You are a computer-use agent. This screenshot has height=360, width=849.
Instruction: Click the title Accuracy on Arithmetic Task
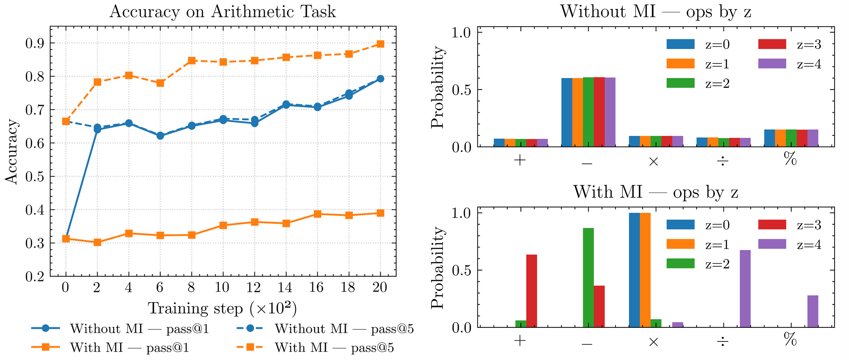tap(223, 12)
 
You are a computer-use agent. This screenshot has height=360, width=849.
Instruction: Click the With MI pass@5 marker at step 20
tap(380, 44)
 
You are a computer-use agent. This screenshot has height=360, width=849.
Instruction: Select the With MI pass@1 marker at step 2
tap(97, 242)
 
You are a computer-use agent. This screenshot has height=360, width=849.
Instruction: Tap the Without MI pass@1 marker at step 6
tap(160, 136)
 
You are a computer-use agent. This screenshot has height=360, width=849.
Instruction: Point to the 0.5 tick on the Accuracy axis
tap(35, 177)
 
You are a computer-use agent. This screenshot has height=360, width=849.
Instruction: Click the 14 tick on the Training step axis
tap(285, 288)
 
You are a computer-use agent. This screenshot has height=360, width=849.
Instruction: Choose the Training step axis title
tap(222, 309)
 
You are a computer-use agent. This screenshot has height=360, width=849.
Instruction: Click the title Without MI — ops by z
tap(655, 12)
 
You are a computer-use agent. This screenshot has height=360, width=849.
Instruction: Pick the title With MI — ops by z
tap(655, 192)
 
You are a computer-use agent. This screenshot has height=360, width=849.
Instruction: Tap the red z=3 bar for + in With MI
tap(531, 291)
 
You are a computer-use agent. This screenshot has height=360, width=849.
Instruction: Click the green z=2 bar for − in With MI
tap(588, 278)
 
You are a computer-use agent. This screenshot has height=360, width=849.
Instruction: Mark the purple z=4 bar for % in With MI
tap(813, 311)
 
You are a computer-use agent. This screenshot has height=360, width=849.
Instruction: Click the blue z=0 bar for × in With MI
tap(634, 270)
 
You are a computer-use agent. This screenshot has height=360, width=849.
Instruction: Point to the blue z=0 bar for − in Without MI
tap(567, 112)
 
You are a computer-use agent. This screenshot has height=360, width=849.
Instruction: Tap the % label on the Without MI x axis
tap(790, 160)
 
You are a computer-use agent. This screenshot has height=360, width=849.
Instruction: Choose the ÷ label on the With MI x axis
tap(723, 341)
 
